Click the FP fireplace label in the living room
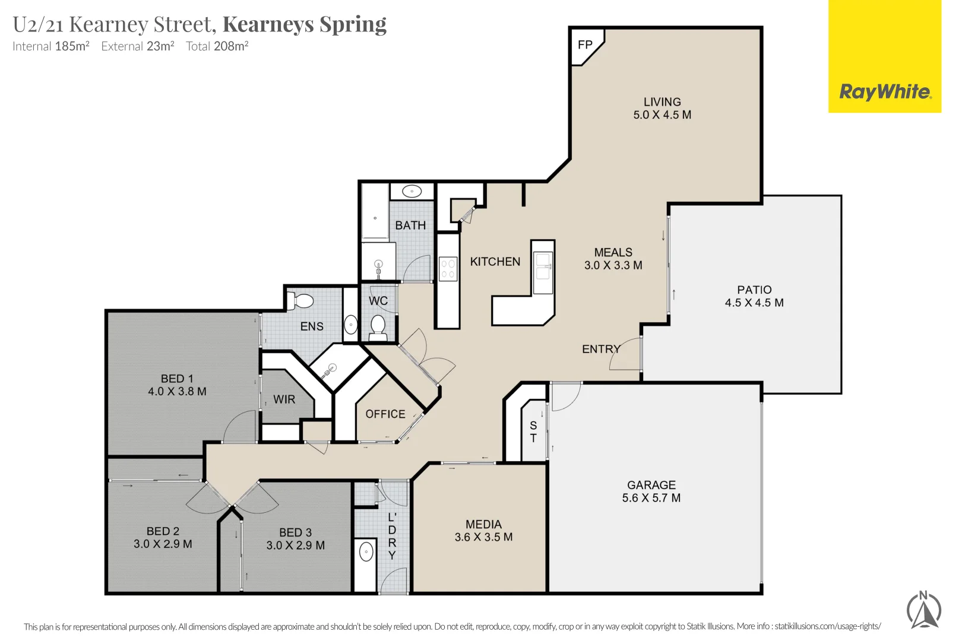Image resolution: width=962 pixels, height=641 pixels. click(584, 45)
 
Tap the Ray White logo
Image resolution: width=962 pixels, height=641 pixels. click(884, 92)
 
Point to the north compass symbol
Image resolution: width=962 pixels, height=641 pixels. click(923, 610)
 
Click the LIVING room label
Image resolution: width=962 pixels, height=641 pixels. click(662, 102)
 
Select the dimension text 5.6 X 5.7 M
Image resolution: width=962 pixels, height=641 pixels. click(651, 498)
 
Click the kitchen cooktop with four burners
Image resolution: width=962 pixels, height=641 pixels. click(448, 268)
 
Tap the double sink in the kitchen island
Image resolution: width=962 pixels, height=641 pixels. click(543, 266)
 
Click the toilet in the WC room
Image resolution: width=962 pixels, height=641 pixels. click(378, 326)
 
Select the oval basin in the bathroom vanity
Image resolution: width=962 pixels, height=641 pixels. click(412, 191)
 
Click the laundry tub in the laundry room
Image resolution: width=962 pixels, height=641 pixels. click(366, 552)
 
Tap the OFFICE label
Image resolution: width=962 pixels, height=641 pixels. click(385, 414)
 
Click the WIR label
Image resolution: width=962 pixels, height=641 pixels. click(284, 399)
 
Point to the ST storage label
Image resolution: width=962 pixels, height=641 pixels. click(533, 432)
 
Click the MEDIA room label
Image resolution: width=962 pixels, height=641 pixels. click(483, 524)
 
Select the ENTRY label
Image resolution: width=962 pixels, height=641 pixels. click(600, 349)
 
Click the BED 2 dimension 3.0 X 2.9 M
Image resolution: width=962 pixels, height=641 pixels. click(163, 544)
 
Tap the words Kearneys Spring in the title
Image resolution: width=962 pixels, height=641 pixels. click(304, 24)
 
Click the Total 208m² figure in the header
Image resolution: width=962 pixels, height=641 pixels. click(217, 46)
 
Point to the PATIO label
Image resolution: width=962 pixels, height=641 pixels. click(754, 290)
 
